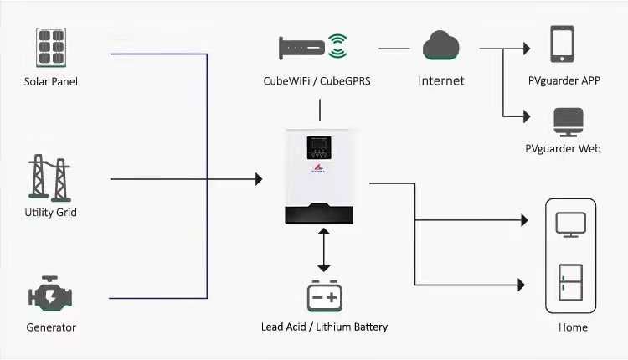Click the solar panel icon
[x=50, y=49]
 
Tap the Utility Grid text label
[x=50, y=213]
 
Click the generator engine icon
[x=50, y=295]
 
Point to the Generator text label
[x=50, y=327]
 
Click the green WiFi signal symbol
[x=337, y=45]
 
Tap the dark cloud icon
[x=441, y=45]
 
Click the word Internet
[x=441, y=81]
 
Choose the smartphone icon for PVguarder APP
[x=562, y=44]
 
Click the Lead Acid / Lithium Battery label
[x=324, y=327]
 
